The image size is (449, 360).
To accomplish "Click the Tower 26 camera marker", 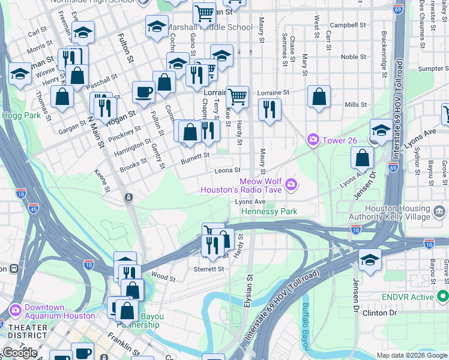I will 313,140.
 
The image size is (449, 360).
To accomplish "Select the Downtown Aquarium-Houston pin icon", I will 16,311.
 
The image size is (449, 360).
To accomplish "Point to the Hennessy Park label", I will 269,212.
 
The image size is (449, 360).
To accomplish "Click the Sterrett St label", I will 209,269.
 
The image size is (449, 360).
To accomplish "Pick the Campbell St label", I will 348,25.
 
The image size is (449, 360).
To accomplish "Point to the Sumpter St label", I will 433,69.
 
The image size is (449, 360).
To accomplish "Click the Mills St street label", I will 356,104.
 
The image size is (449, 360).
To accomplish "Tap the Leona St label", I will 229,170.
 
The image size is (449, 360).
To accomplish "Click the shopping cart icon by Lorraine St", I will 238,95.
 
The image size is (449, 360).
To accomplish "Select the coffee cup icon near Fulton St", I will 143,92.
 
